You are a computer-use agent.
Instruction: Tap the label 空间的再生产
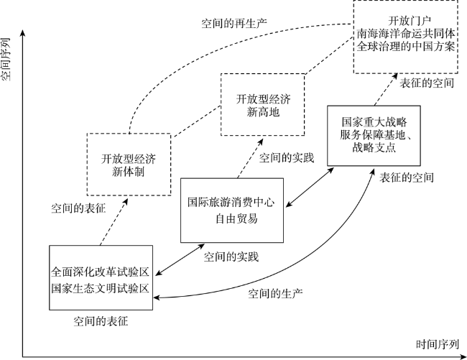pyautogui.click(x=234, y=22)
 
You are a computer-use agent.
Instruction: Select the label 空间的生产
pyautogui.click(x=276, y=293)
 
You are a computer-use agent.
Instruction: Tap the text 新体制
pyautogui.click(x=129, y=172)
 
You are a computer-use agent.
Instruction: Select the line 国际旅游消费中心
pyautogui.click(x=231, y=202)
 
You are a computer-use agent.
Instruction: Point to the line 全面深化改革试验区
pyautogui.click(x=100, y=274)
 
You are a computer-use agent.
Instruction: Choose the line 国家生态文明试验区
pyautogui.click(x=100, y=288)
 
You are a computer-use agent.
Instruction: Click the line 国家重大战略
pyautogui.click(x=371, y=121)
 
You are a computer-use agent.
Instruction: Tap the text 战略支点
pyautogui.click(x=370, y=148)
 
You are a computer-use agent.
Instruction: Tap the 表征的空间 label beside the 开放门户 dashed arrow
pyautogui.click(x=427, y=83)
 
